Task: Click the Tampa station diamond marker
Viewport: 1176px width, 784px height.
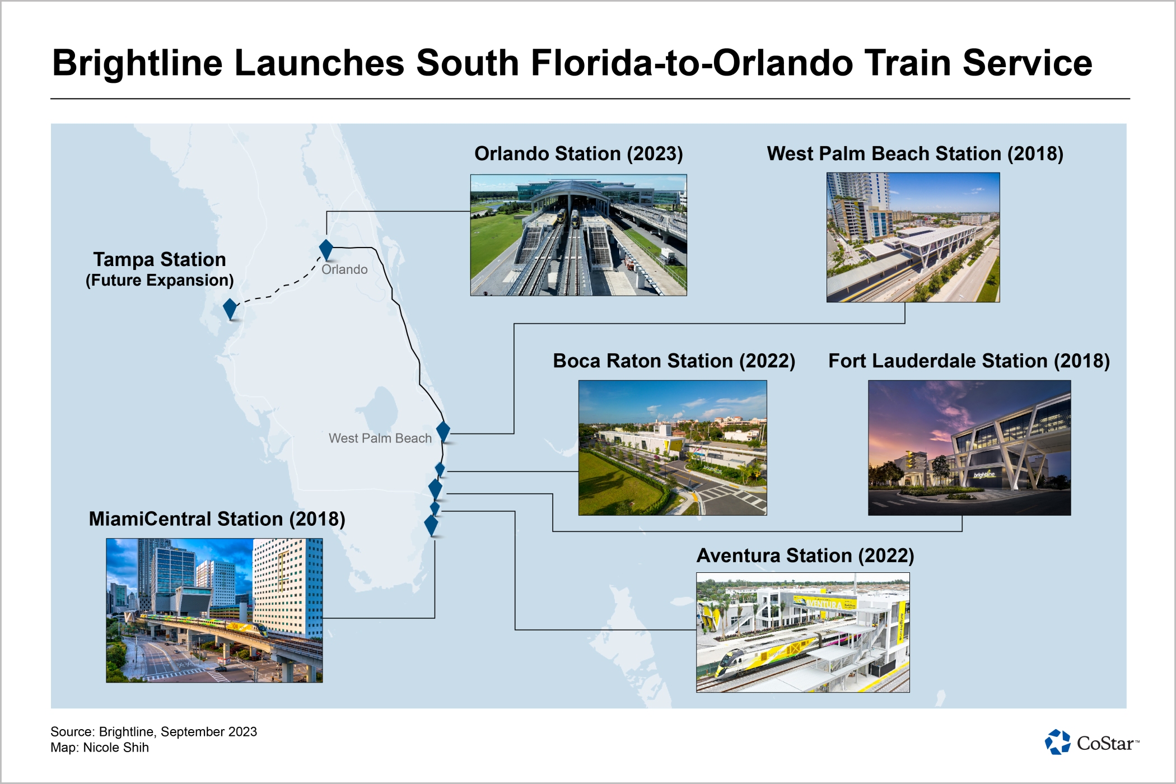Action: coord(230,309)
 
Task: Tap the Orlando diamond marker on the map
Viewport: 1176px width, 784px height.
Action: coord(326,250)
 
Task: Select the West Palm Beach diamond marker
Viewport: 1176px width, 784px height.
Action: coord(443,432)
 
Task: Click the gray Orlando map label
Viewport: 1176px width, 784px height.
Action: coord(344,269)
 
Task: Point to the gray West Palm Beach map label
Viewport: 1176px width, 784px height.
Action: coord(380,438)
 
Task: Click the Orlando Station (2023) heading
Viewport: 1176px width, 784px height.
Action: coord(578,153)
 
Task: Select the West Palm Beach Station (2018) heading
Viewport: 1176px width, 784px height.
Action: coord(915,153)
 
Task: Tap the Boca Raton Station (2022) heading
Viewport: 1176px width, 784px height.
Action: coord(674,361)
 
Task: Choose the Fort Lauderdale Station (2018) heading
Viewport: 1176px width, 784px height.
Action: coord(969,361)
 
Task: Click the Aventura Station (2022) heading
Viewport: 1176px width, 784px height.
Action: coord(805,556)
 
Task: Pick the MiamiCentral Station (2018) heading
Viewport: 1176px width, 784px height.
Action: coord(217,519)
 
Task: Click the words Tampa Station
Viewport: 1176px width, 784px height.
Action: coord(160,259)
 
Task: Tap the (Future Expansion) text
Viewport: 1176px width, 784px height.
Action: coord(160,280)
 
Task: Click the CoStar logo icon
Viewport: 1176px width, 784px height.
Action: coord(1057,742)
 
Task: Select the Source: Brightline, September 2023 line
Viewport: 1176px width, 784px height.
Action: coord(153,731)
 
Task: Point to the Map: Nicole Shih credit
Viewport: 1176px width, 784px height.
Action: coord(100,748)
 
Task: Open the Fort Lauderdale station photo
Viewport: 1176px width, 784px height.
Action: coord(969,448)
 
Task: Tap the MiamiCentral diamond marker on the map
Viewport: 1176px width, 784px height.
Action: coord(431,525)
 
